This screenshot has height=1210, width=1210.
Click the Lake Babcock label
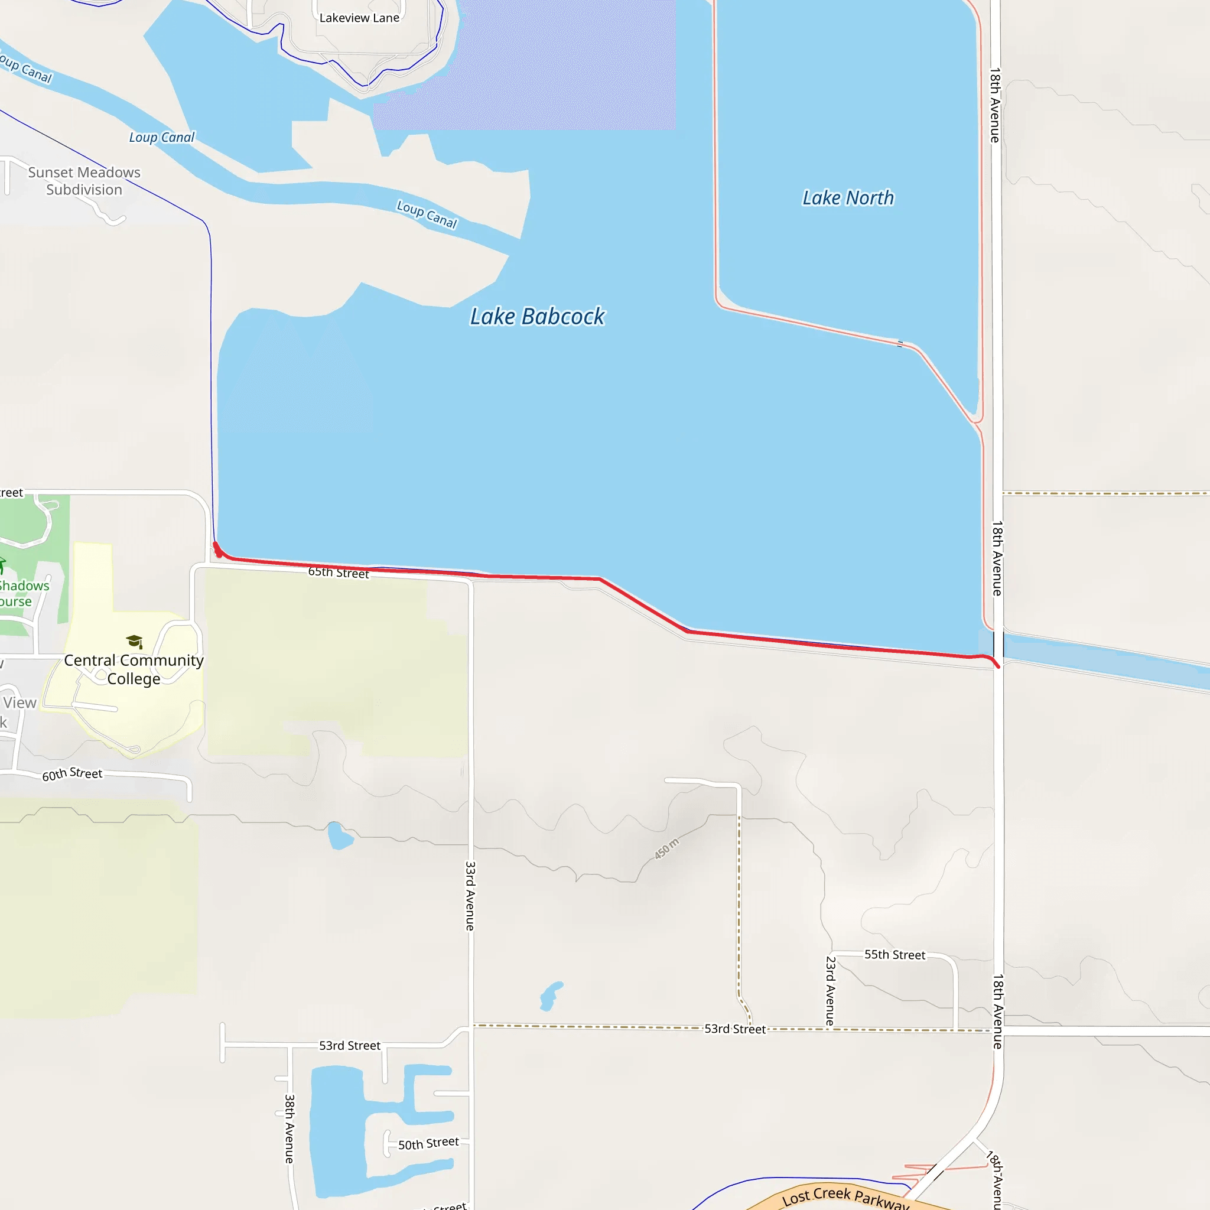pyautogui.click(x=538, y=317)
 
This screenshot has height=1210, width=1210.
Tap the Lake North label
pyautogui.click(x=848, y=198)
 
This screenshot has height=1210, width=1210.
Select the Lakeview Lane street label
pyautogui.click(x=359, y=18)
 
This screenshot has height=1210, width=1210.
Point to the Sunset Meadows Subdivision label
pyautogui.click(x=84, y=181)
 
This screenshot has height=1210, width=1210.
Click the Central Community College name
pyautogui.click(x=134, y=669)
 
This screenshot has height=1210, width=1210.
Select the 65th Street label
pyautogui.click(x=338, y=573)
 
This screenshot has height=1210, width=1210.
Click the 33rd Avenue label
pyautogui.click(x=470, y=896)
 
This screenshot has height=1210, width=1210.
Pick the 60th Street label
pyautogui.click(x=72, y=774)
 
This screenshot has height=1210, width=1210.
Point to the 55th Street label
pyautogui.click(x=895, y=955)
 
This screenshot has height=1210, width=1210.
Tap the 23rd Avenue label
pyautogui.click(x=830, y=991)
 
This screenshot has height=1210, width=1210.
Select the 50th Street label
pyautogui.click(x=428, y=1144)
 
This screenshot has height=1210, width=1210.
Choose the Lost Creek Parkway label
pyautogui.click(x=845, y=1198)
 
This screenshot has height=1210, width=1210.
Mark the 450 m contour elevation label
pyautogui.click(x=666, y=848)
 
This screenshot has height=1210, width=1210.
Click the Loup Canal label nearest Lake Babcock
pyautogui.click(x=427, y=214)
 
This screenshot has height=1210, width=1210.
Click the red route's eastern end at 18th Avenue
pyautogui.click(x=998, y=666)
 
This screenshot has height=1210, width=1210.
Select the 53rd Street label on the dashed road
pyautogui.click(x=734, y=1029)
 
